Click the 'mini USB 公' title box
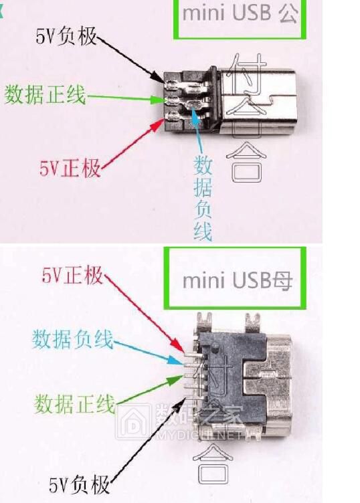[x=248, y=15]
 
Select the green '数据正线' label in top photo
[x=46, y=96]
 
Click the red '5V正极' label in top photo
[x=70, y=167]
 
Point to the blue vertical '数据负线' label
[x=203, y=198]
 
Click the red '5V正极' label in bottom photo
[x=72, y=274]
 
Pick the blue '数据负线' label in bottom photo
[x=72, y=339]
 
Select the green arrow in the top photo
[x=127, y=98]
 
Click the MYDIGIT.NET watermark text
[x=201, y=435]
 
